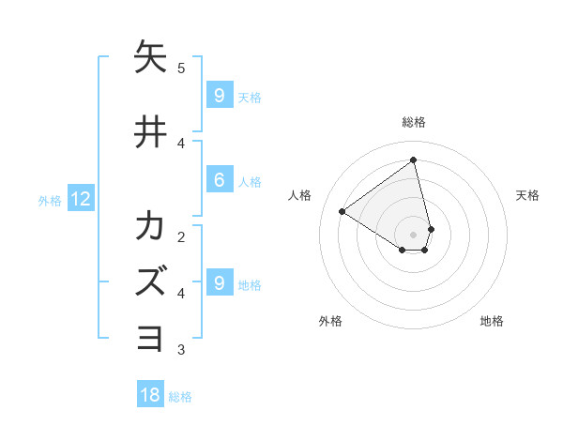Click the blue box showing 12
80,199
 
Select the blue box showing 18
150,395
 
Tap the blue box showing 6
219,181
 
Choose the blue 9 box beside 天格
219,96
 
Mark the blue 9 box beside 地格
219,283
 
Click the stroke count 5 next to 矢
181,68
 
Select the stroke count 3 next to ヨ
181,350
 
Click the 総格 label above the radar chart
414,122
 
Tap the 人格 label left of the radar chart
300,195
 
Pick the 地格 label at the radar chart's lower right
492,321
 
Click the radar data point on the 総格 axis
414,160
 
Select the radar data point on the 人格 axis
342,211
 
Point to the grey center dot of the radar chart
414,234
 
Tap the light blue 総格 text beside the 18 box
180,397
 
